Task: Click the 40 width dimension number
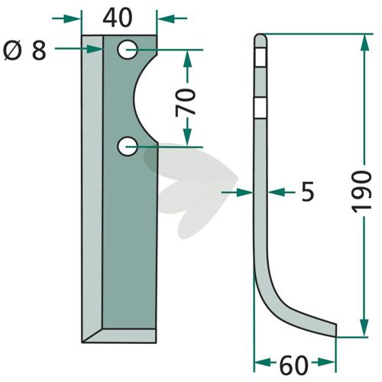[x=118, y=18]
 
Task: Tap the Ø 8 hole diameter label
[x=25, y=51]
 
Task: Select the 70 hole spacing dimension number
[x=186, y=102]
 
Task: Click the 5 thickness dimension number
[x=308, y=192]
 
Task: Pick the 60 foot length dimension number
[x=294, y=365]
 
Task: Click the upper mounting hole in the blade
[x=128, y=50]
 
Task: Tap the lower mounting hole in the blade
[x=128, y=146]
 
